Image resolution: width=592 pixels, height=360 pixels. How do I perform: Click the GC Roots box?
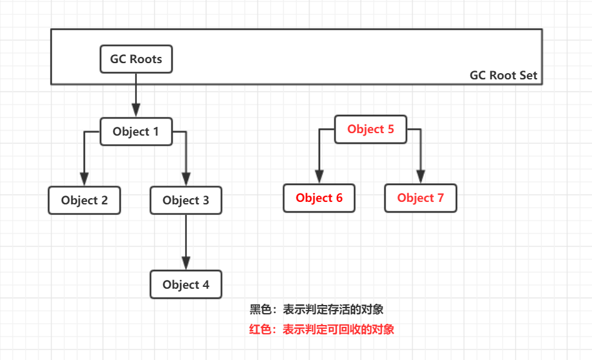tap(136, 59)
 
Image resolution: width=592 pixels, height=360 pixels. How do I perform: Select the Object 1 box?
tap(136, 132)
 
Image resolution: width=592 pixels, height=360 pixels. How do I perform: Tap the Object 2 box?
tap(84, 201)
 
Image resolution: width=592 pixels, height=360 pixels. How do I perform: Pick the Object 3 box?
tap(186, 201)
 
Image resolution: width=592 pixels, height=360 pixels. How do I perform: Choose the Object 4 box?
tap(186, 284)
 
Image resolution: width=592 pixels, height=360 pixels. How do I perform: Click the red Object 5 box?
tap(371, 129)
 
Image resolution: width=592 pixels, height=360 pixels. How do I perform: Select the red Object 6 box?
tap(319, 198)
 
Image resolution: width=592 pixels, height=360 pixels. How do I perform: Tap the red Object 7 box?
tap(420, 198)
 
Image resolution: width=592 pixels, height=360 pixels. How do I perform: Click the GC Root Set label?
tap(503, 76)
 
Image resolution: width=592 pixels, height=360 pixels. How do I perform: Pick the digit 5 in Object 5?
tap(391, 129)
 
